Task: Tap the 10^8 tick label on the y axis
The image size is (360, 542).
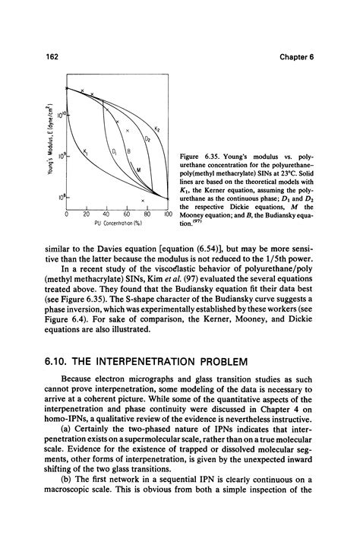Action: (58, 197)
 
